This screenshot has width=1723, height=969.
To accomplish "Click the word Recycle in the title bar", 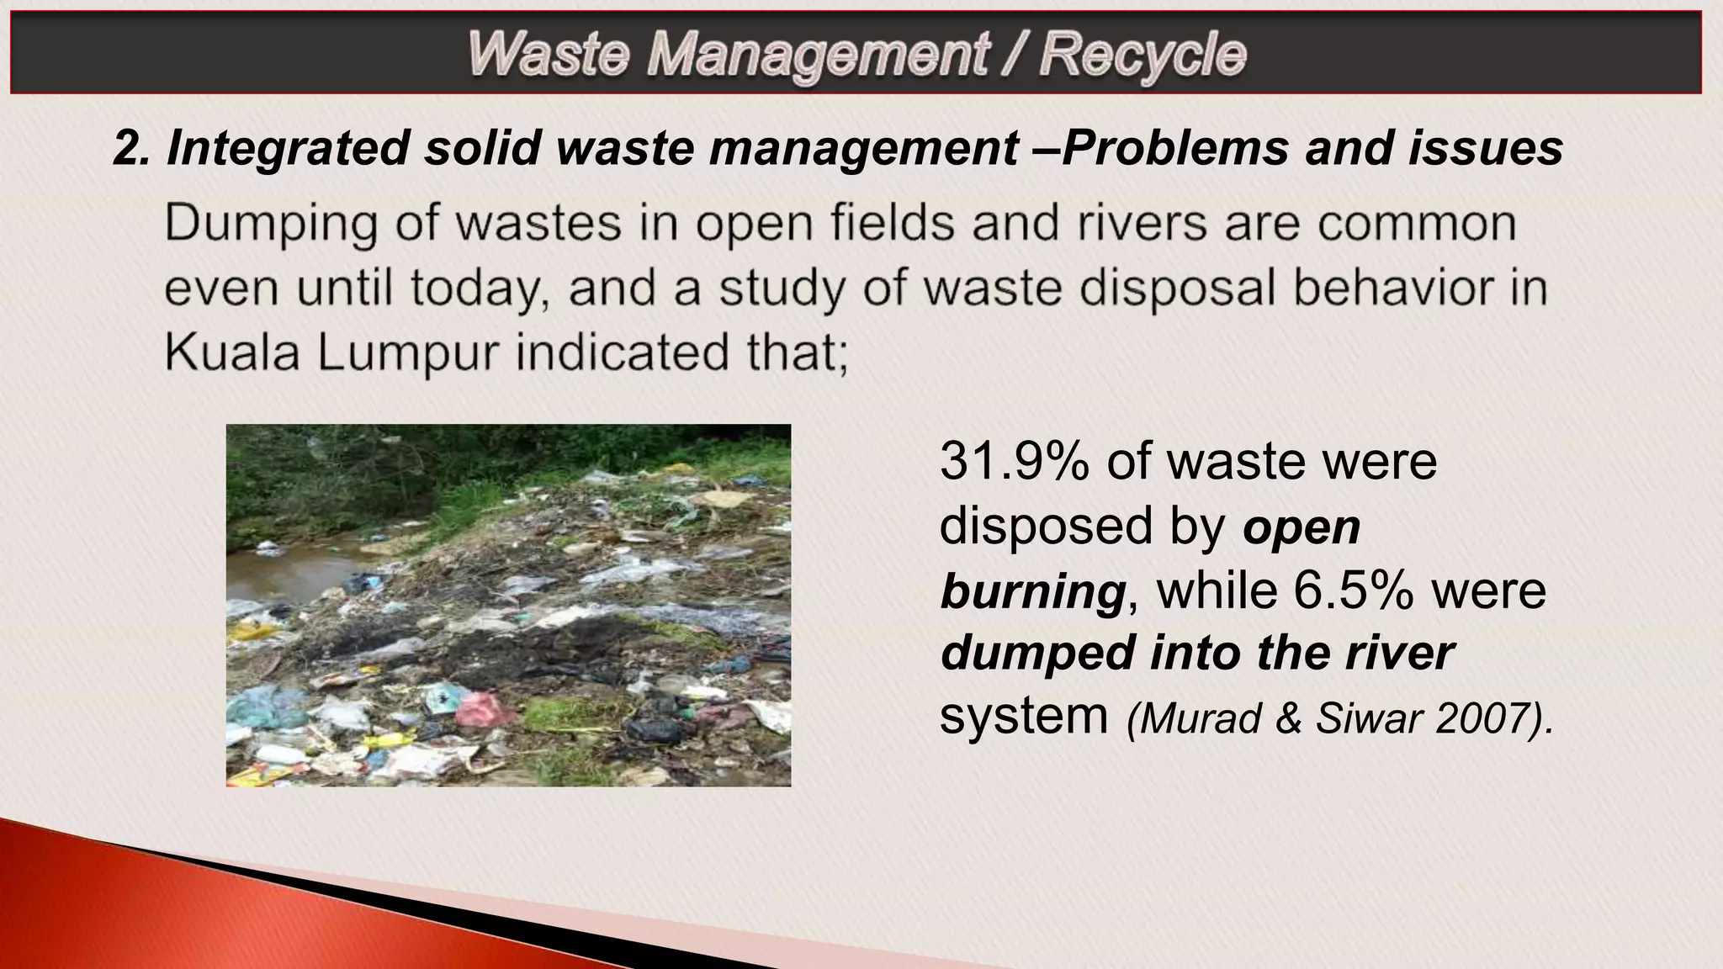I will point(1142,55).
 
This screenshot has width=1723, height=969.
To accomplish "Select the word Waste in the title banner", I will point(548,55).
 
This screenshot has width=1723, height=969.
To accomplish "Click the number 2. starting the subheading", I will point(131,148).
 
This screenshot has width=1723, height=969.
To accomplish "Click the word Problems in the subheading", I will point(1178,148).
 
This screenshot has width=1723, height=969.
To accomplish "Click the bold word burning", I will point(1032,590).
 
